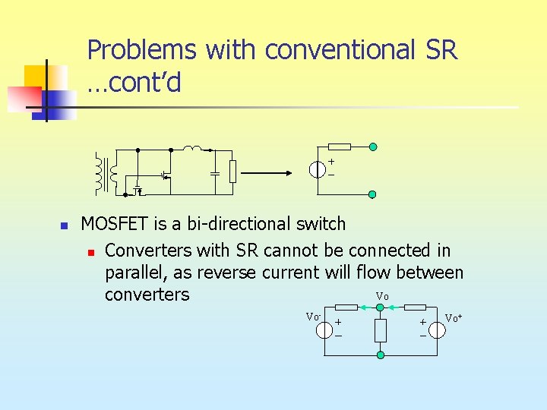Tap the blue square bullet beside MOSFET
coord(65,225)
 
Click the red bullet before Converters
coord(90,251)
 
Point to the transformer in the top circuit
coord(106,172)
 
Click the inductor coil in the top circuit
coord(193,148)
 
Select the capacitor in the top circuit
coord(215,172)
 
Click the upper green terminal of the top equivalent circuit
coord(372,147)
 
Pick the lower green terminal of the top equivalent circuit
coord(372,194)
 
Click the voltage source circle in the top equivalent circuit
coord(318,169)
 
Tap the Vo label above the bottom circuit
coord(381,295)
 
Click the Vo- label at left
coord(312,316)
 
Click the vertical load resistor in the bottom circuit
coord(381,330)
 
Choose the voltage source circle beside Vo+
coord(436,330)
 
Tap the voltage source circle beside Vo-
coord(325,330)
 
